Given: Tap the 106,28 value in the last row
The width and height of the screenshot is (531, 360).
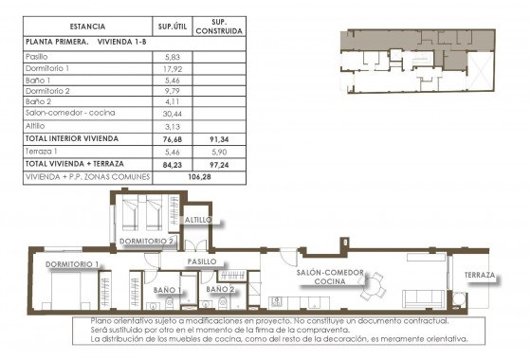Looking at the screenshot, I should tap(199, 176).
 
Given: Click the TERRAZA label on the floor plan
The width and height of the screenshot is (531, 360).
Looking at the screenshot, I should tap(482, 277).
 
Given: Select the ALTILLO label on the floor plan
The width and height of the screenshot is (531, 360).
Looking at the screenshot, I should tap(198, 220).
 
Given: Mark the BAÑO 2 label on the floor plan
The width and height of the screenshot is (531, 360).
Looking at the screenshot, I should tap(219, 289).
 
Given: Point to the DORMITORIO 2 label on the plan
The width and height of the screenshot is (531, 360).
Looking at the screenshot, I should tap(146, 243).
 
